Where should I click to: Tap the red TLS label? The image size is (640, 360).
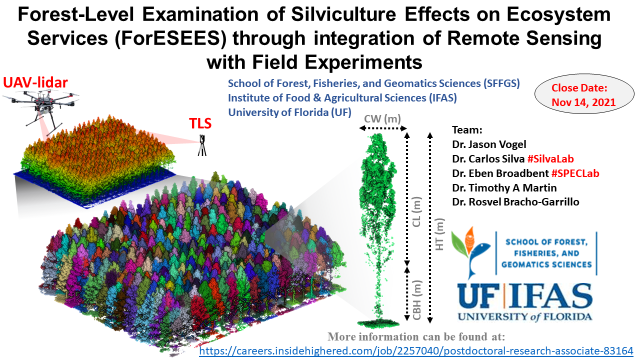point(200,124)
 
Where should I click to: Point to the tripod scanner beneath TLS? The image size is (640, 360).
point(202,145)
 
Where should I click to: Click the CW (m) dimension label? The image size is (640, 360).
point(382,119)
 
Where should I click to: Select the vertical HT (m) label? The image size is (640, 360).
point(440,234)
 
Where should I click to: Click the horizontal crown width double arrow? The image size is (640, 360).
point(383,129)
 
